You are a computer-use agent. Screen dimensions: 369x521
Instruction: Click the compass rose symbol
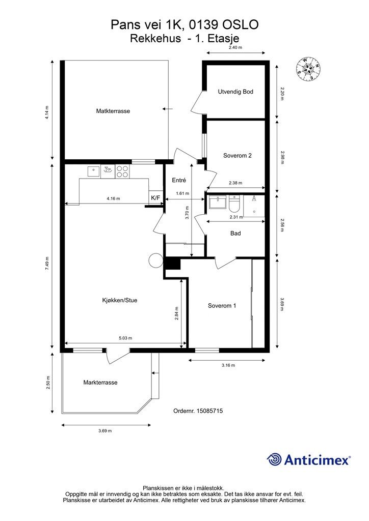coord(308,69)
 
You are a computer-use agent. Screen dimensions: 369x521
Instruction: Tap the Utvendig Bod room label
coord(235,92)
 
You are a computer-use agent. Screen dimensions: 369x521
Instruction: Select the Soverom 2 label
coord(237,156)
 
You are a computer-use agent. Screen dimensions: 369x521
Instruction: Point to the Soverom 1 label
coord(222,306)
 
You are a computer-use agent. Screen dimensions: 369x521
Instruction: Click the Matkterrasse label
coord(113,111)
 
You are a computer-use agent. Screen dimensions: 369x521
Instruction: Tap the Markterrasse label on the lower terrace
coord(100,383)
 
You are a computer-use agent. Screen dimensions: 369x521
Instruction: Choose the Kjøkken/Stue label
coord(119,300)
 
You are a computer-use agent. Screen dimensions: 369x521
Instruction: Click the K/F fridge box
coord(155,198)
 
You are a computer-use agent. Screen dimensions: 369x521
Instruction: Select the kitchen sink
coord(94,171)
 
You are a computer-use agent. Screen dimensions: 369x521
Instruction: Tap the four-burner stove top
coord(122,171)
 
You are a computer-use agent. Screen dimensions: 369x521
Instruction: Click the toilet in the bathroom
coord(234,204)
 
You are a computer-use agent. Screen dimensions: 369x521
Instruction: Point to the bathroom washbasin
coord(218,202)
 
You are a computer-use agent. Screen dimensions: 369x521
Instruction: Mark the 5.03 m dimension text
coord(125,338)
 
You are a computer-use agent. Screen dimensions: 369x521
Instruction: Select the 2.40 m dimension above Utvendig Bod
coord(235,47)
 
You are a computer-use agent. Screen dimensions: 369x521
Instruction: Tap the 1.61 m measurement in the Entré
coord(182,193)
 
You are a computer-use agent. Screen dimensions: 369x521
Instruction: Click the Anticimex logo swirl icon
coord(274,459)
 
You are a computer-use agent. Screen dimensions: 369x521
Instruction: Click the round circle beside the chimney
coord(155,260)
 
